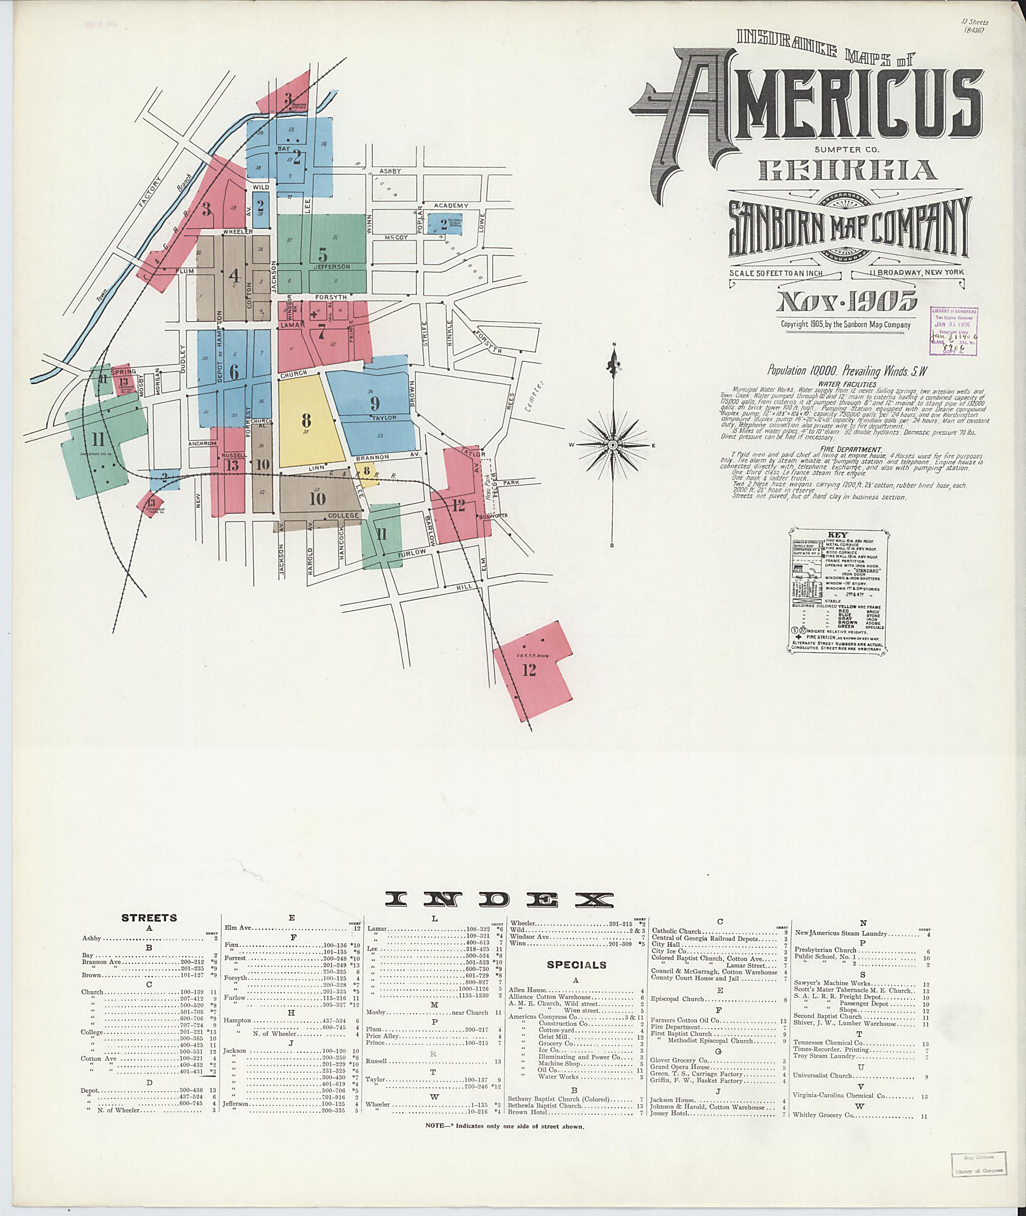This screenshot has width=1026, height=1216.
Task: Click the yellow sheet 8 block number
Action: pos(306,420)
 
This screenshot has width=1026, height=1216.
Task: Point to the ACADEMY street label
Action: pos(451,206)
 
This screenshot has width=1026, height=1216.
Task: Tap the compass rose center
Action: pos(613,445)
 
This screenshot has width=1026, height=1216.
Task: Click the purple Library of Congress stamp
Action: pos(953,331)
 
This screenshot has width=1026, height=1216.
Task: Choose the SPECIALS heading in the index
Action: pos(577,965)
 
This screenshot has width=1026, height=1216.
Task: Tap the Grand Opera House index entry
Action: pos(680,1067)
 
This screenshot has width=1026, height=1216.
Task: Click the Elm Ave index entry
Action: pos(238,928)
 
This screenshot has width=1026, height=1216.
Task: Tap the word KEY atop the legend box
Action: pos(841,535)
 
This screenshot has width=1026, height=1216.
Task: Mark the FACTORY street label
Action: pos(149,192)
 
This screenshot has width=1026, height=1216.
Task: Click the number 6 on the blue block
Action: pos(234,372)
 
